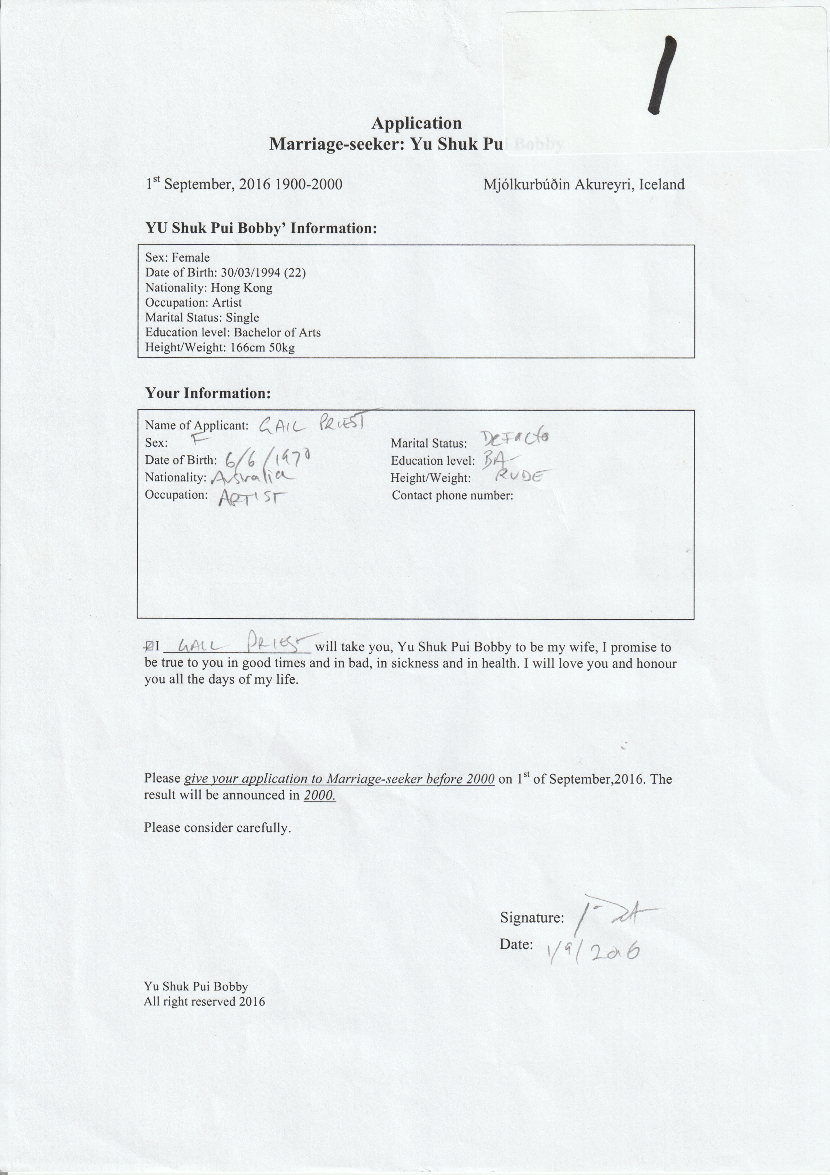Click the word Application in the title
[416, 123]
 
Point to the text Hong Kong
[241, 288]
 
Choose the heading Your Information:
[208, 393]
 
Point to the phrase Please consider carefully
[217, 828]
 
